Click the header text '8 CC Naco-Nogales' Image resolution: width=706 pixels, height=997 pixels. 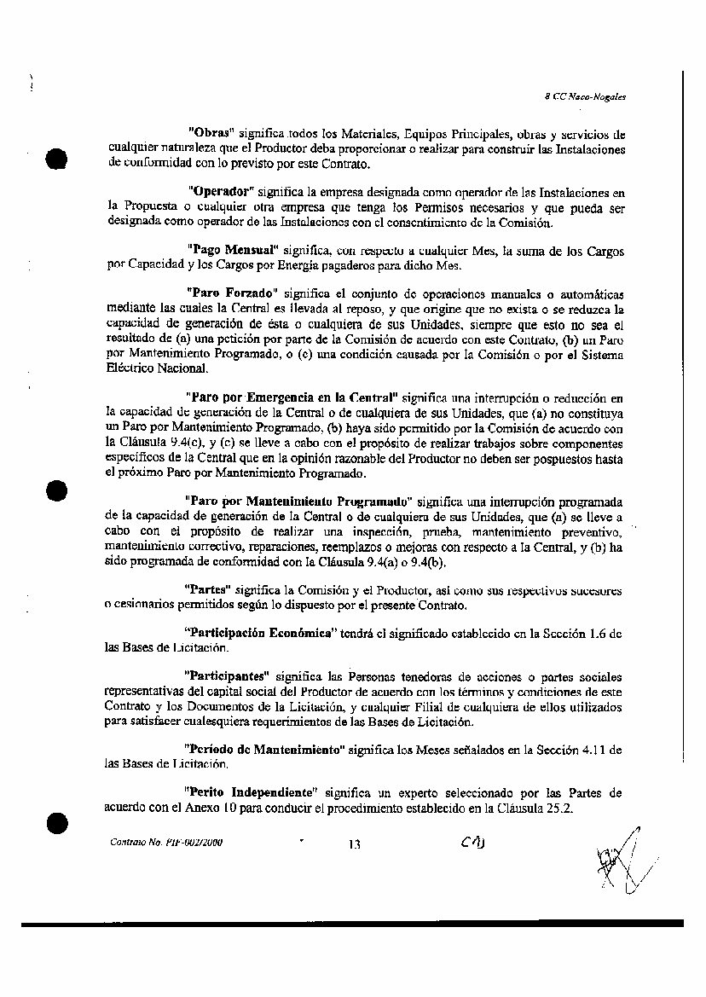pos(585,96)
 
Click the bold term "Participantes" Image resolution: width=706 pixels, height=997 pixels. pos(226,676)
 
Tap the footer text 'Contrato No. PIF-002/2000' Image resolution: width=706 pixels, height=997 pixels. pos(166,842)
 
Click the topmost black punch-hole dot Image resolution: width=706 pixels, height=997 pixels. pos(57,159)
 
